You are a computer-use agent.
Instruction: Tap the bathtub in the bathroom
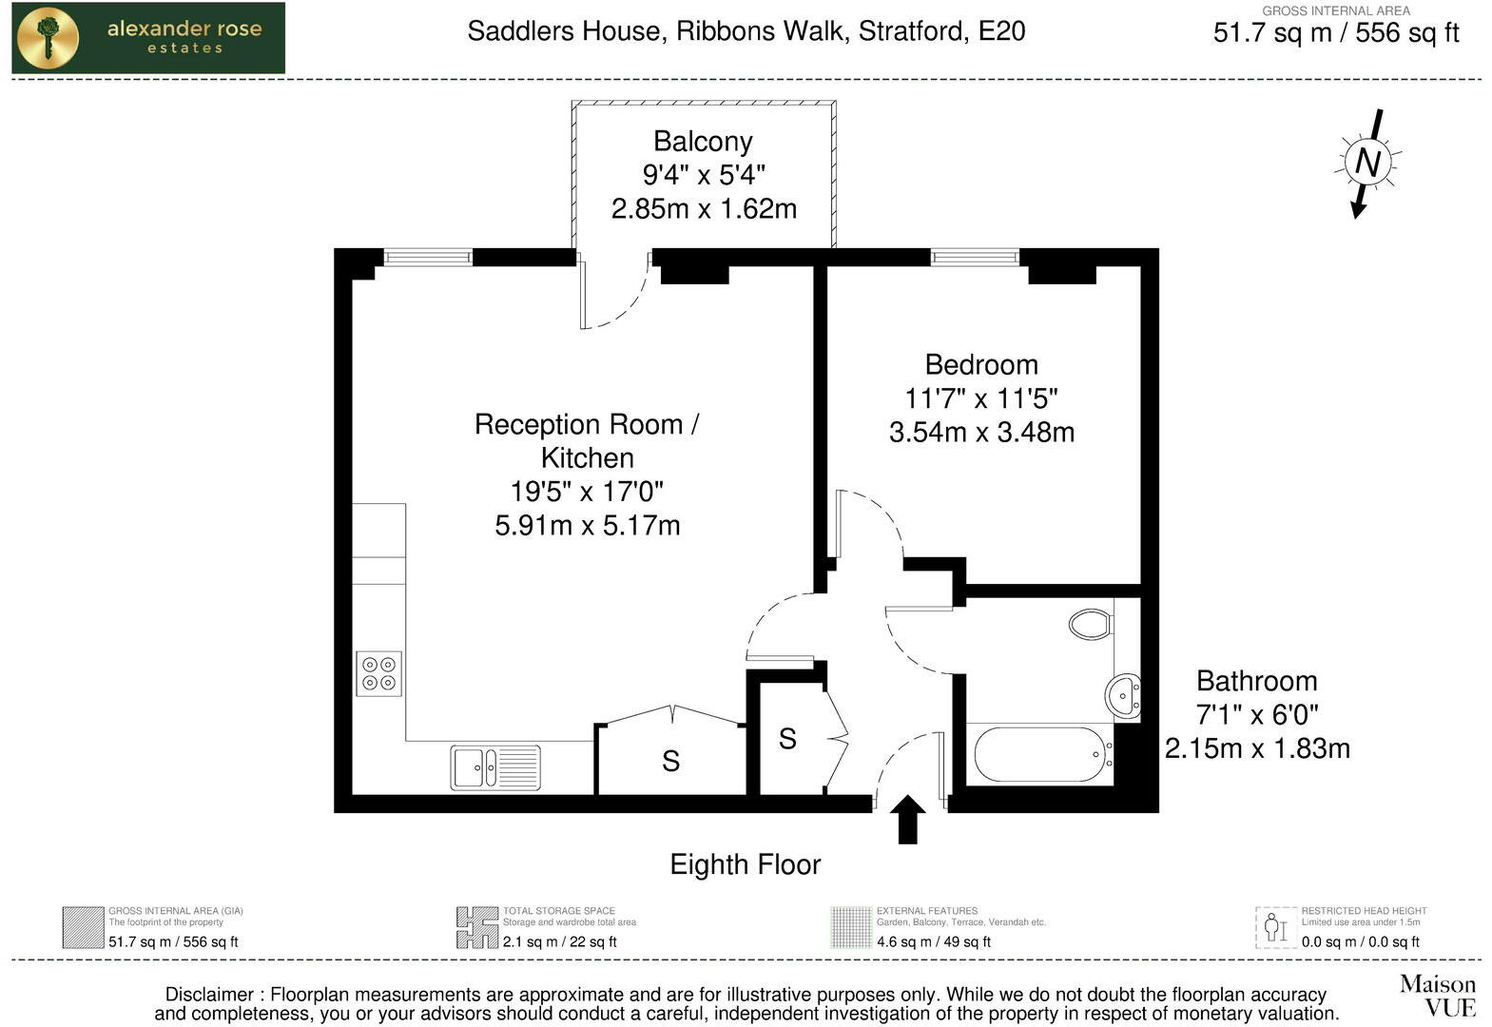pos(1039,754)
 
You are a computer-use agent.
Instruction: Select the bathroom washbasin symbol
pos(1124,694)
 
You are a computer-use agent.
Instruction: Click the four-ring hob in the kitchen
pos(378,673)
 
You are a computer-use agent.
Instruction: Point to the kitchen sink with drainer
pos(494,766)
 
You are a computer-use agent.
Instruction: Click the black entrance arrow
pos(907,820)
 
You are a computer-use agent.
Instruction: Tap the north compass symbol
pos(1367,163)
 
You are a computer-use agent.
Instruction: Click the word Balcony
pos(703,142)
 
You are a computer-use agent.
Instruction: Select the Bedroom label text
pos(980,365)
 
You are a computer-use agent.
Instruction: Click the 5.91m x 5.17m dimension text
pos(587,526)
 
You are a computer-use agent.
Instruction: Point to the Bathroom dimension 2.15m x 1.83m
pos(1256,749)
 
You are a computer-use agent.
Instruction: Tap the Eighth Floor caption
pos(745,864)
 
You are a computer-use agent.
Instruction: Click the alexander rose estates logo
pos(148,38)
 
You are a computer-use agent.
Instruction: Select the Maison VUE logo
pos(1437,995)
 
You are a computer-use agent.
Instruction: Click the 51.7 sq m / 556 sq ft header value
pos(1335,33)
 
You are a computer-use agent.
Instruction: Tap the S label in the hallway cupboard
pos(787,738)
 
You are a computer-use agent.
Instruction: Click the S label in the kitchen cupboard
pos(670,761)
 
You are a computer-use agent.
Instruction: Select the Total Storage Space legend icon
pos(476,927)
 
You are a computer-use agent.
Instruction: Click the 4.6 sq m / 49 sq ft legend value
pos(933,942)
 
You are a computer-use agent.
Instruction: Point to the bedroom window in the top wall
pos(974,257)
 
